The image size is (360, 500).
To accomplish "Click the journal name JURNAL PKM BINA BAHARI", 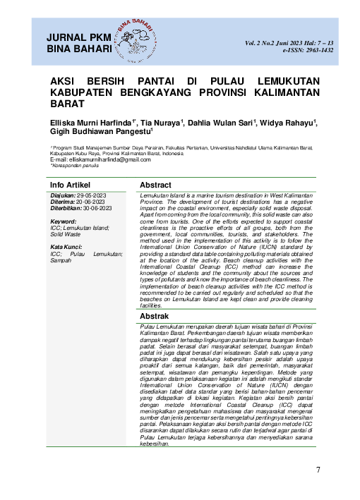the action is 78,42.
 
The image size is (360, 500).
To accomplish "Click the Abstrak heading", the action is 159,317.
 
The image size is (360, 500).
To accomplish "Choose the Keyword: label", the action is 64,221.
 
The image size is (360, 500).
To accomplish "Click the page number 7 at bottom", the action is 318,470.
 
